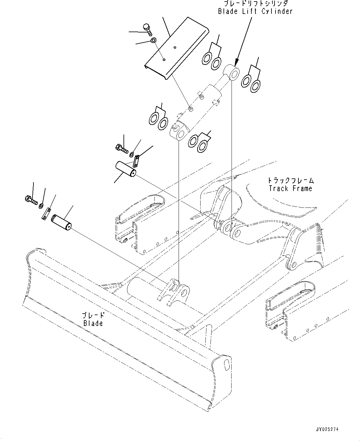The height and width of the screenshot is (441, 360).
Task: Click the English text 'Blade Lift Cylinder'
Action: [x=255, y=11]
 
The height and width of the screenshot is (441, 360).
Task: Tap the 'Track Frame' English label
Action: [x=290, y=188]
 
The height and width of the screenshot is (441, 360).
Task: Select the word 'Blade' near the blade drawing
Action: [x=93, y=323]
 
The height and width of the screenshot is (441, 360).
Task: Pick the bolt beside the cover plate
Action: [x=147, y=30]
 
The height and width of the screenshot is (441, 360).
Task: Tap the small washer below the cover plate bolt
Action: [x=154, y=41]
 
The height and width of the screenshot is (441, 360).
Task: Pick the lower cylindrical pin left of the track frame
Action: [x=62, y=222]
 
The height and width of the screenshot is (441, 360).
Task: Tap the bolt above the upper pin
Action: [x=121, y=149]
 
